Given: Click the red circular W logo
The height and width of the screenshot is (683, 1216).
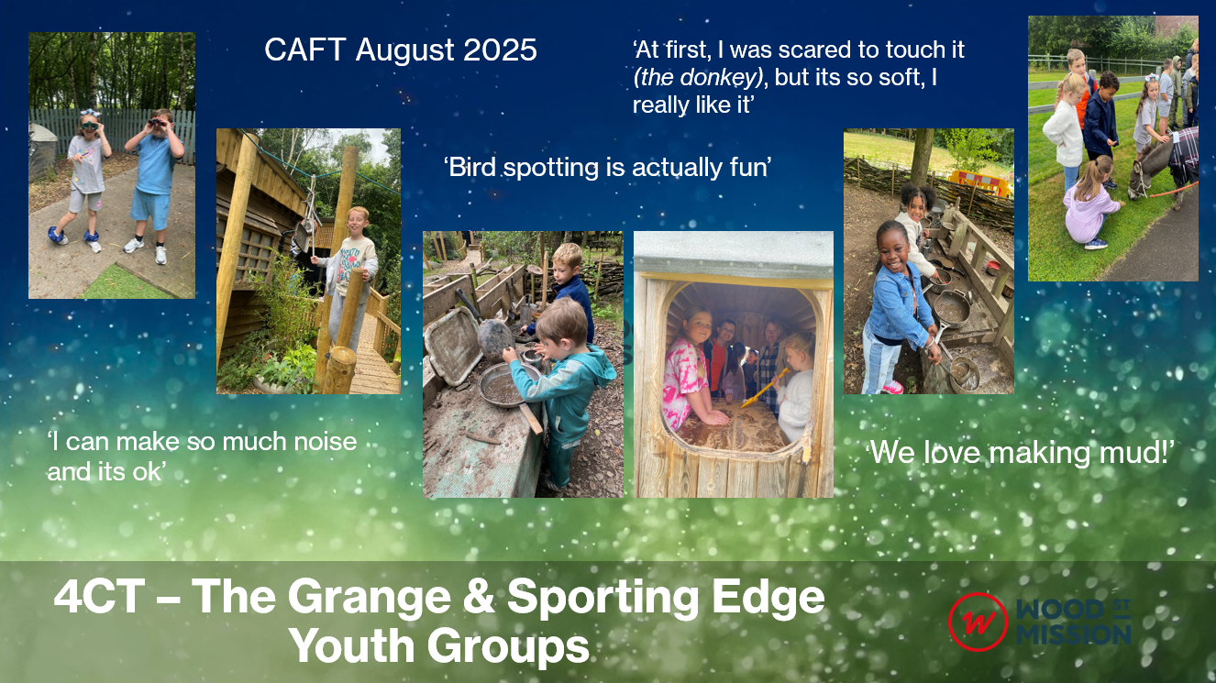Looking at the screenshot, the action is pos(978,622).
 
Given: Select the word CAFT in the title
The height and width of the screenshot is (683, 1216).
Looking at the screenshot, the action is pos(305,50).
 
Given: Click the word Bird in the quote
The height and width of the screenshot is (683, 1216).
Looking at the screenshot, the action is pos(471,167).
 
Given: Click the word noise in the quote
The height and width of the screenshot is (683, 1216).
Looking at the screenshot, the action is pos(326,442).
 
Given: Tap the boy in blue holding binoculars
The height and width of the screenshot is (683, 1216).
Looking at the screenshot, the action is pos(154,184).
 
